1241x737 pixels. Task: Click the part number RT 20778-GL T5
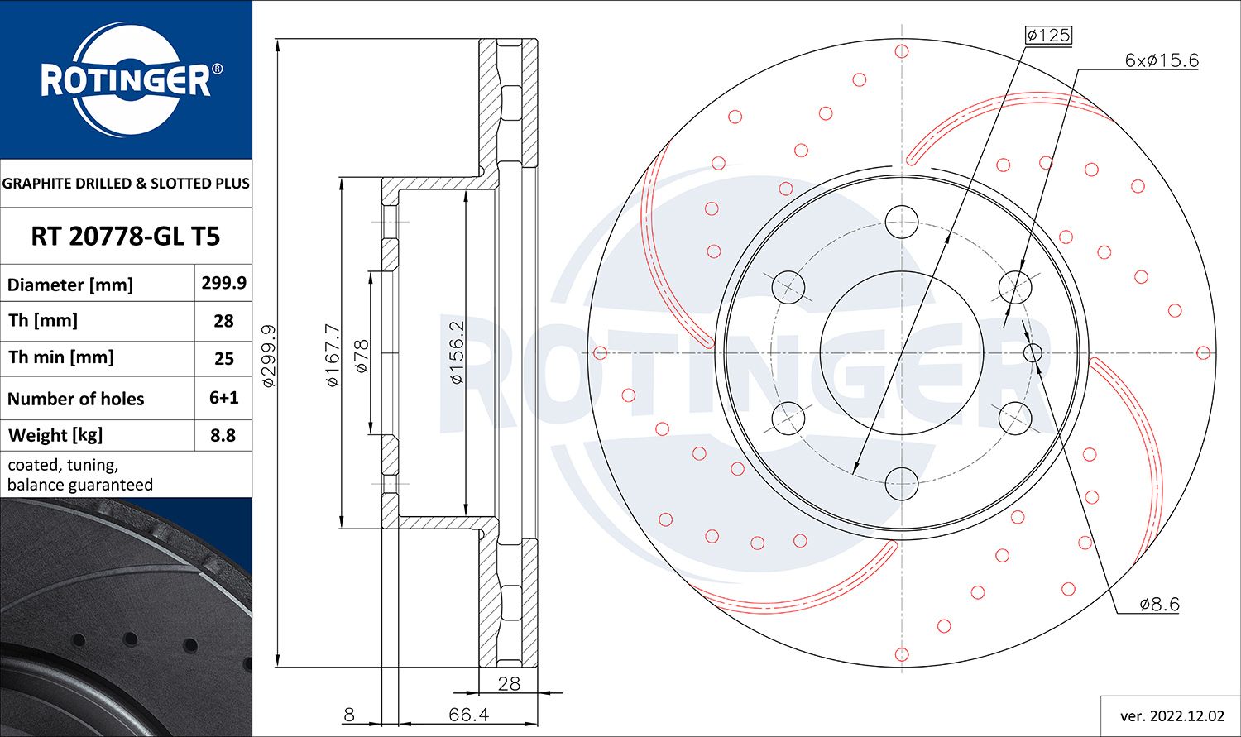[126, 237]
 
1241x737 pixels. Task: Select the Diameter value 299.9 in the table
[223, 283]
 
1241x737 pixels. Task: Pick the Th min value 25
[223, 359]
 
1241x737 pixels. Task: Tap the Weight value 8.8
[223, 435]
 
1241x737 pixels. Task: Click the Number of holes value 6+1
[223, 398]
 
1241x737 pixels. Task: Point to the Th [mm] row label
[43, 321]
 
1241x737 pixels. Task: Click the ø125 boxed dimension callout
[1047, 35]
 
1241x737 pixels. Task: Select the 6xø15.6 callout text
[1161, 60]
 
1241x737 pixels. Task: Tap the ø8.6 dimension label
[1159, 605]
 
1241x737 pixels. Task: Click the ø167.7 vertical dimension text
[333, 355]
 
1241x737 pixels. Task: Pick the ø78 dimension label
[362, 356]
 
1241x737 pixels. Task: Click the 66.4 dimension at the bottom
[468, 714]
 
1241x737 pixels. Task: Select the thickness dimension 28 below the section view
[509, 683]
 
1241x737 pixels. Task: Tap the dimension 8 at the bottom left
[348, 714]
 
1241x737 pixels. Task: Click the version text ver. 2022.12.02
[1171, 715]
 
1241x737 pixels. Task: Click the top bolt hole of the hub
[901, 221]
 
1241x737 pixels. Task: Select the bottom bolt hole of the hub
[901, 484]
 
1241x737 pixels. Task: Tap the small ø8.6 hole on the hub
[1033, 353]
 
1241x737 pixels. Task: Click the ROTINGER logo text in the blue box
[126, 81]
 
